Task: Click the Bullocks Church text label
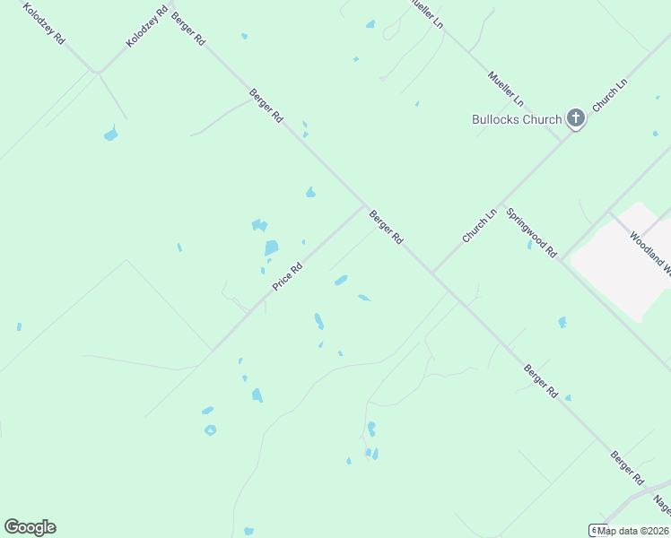click(x=517, y=119)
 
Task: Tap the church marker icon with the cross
click(x=575, y=118)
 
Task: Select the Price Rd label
click(x=288, y=275)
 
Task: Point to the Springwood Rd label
click(x=532, y=233)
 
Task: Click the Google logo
click(x=30, y=527)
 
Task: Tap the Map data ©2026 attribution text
click(x=633, y=531)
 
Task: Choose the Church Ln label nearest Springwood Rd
click(x=479, y=226)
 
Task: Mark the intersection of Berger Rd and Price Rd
click(x=364, y=206)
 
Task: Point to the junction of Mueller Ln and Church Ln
click(x=563, y=139)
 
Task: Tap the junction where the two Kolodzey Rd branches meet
click(x=96, y=72)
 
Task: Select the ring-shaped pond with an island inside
click(x=210, y=430)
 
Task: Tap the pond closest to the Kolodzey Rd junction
click(x=110, y=135)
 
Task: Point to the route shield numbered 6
click(x=593, y=530)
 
